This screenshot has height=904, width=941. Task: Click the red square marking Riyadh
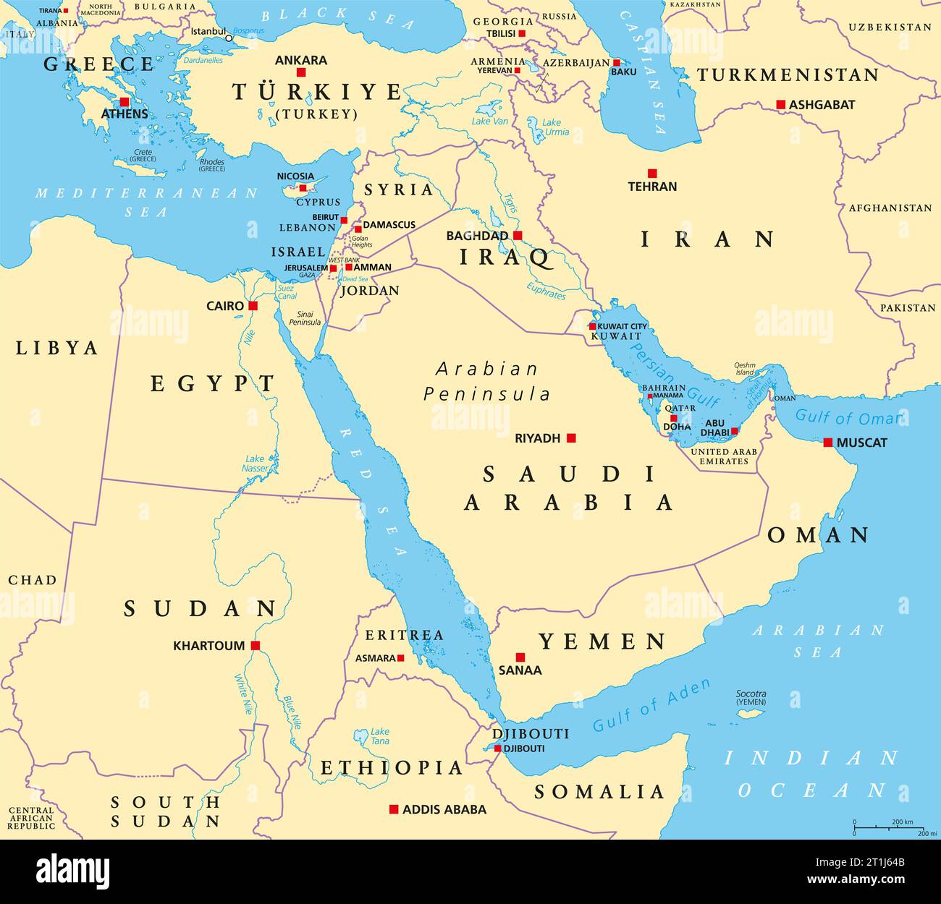571,438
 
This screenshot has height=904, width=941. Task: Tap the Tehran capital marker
652,173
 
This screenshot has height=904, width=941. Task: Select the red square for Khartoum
255,645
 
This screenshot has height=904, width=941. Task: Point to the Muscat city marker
828,442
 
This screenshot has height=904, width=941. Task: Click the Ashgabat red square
780,104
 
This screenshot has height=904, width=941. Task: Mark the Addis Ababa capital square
394,809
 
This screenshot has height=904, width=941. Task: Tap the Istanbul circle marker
229,38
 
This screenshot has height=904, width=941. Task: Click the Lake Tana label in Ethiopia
379,736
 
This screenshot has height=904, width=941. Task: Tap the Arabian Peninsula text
486,381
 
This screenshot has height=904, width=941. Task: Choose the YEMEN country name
602,641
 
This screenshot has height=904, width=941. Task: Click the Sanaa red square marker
520,657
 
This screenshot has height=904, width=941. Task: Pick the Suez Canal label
286,291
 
